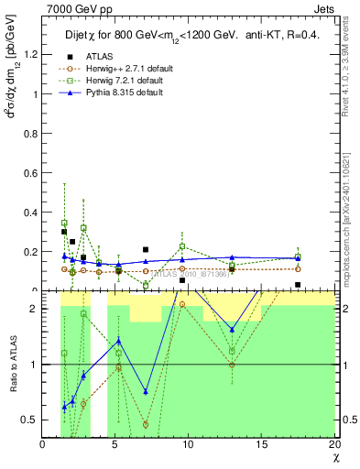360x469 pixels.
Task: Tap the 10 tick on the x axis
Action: [x=188, y=445]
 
